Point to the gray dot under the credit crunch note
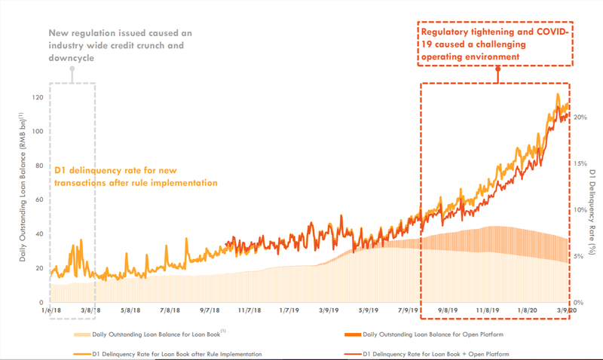click(x=72, y=69)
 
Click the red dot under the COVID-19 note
click(x=498, y=69)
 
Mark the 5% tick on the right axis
click(x=578, y=256)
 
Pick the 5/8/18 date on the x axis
click(x=130, y=310)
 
